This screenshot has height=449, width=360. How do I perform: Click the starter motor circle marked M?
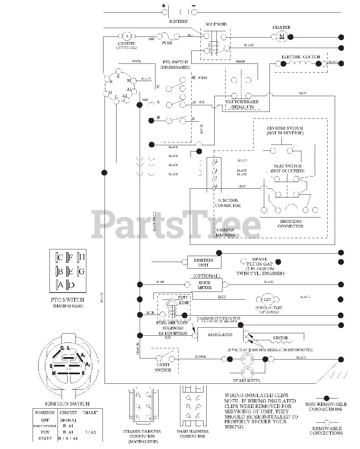pos(281,36)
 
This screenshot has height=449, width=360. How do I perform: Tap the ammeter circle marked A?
pos(127,36)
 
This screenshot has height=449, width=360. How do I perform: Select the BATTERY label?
pos(179,21)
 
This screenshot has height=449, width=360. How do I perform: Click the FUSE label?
pos(167,43)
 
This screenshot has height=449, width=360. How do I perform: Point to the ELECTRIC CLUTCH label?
pos(301,56)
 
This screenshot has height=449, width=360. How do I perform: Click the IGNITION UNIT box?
pos(204,262)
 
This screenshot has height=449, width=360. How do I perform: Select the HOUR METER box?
pos(205,285)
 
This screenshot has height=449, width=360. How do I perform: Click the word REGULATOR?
pos(220,334)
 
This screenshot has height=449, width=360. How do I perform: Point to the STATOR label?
pos(280,338)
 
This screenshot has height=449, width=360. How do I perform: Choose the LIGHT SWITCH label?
pos(163,368)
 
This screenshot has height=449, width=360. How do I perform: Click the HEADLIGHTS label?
pos(246,381)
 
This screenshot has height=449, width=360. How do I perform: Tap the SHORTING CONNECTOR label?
pos(291,224)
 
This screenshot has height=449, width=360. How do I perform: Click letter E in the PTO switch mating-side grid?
pos(70,271)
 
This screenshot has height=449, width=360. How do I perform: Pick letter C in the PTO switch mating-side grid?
pos(60,258)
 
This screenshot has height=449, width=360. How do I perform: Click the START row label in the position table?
pos(45,438)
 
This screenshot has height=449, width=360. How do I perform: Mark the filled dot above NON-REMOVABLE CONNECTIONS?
pos(326,398)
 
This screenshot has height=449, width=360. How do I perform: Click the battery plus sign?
pos(164,6)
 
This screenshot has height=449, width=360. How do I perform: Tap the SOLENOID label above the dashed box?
pos(216,25)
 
